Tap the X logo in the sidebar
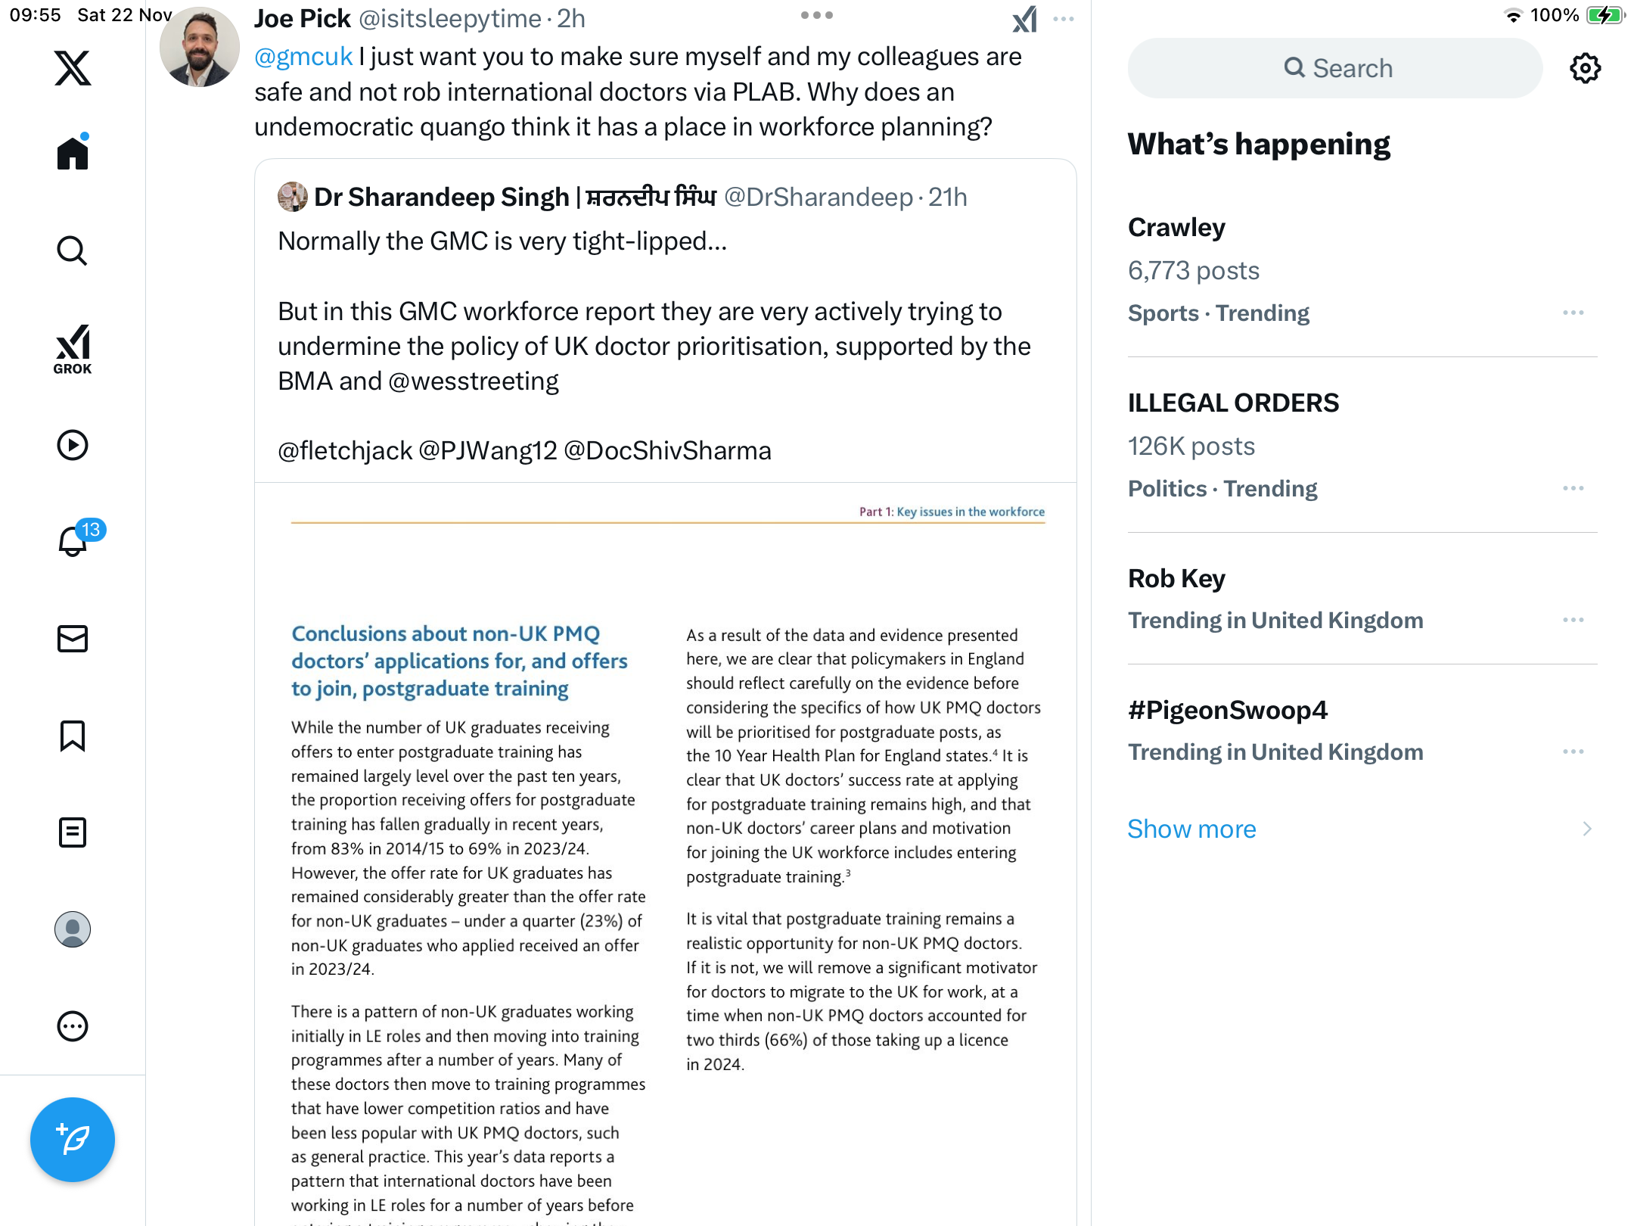coord(73,68)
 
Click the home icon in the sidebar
coord(73,154)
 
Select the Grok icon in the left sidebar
coord(73,349)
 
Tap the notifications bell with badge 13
coord(73,541)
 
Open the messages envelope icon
coord(73,639)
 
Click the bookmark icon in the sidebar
coord(73,736)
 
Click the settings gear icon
coord(1585,68)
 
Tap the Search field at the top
coord(1335,68)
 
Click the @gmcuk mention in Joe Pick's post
coord(303,57)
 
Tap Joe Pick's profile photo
coord(200,47)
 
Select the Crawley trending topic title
coord(1176,227)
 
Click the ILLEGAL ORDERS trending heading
coord(1233,403)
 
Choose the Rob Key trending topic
coord(1176,578)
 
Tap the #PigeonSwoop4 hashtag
coord(1227,710)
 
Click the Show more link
coord(1191,829)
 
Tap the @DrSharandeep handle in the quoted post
coord(819,197)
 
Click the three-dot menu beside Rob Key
coord(1573,620)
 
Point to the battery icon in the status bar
coord(1604,15)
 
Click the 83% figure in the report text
coord(346,848)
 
